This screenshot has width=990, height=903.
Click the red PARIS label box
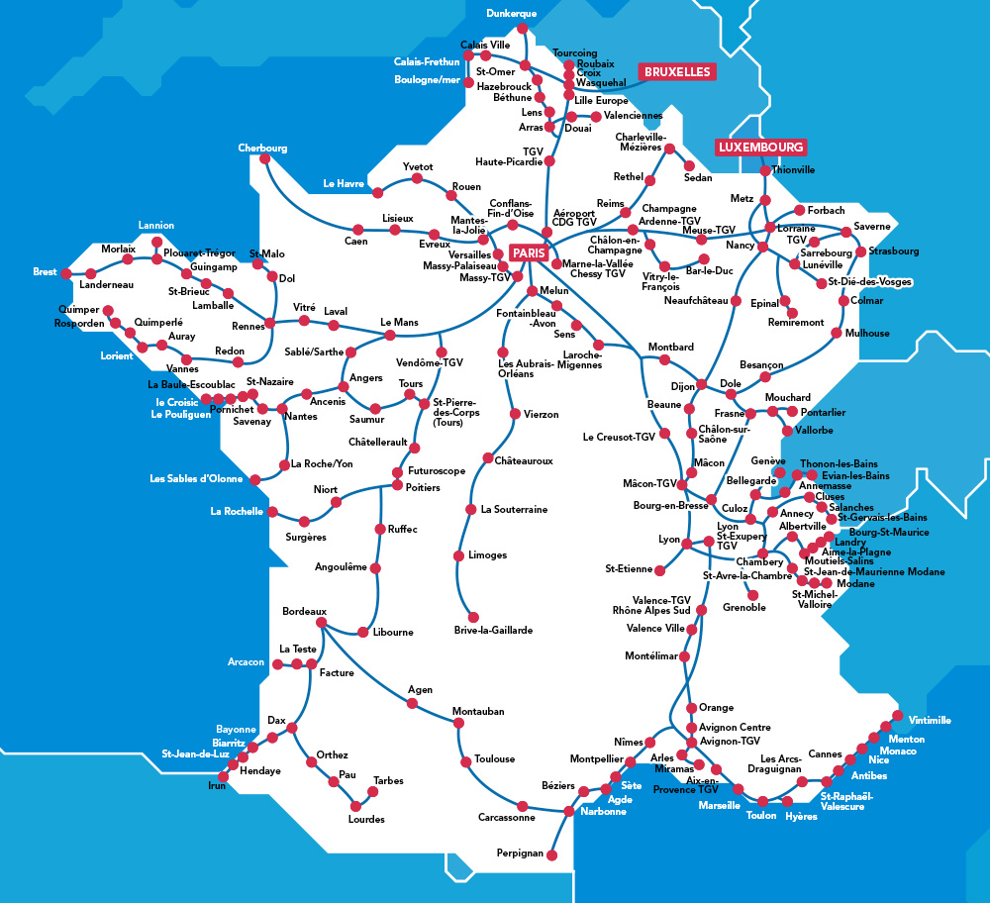tap(530, 253)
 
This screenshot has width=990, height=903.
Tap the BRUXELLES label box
tap(677, 72)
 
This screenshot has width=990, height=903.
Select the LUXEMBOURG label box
tap(760, 147)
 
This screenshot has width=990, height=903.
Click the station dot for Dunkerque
tap(523, 28)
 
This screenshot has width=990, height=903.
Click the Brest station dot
tap(66, 273)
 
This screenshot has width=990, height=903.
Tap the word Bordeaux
tap(304, 611)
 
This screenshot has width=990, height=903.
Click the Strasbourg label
tap(894, 251)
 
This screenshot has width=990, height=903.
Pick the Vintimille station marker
tap(897, 716)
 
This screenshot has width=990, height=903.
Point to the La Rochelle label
tap(237, 512)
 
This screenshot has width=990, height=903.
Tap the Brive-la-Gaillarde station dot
tap(473, 617)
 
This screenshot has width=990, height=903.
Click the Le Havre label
tap(344, 183)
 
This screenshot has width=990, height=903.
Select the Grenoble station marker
tap(751, 594)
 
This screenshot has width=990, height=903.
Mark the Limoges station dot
tap(458, 556)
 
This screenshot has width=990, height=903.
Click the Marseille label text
tap(719, 805)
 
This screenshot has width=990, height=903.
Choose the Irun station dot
tap(222, 776)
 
